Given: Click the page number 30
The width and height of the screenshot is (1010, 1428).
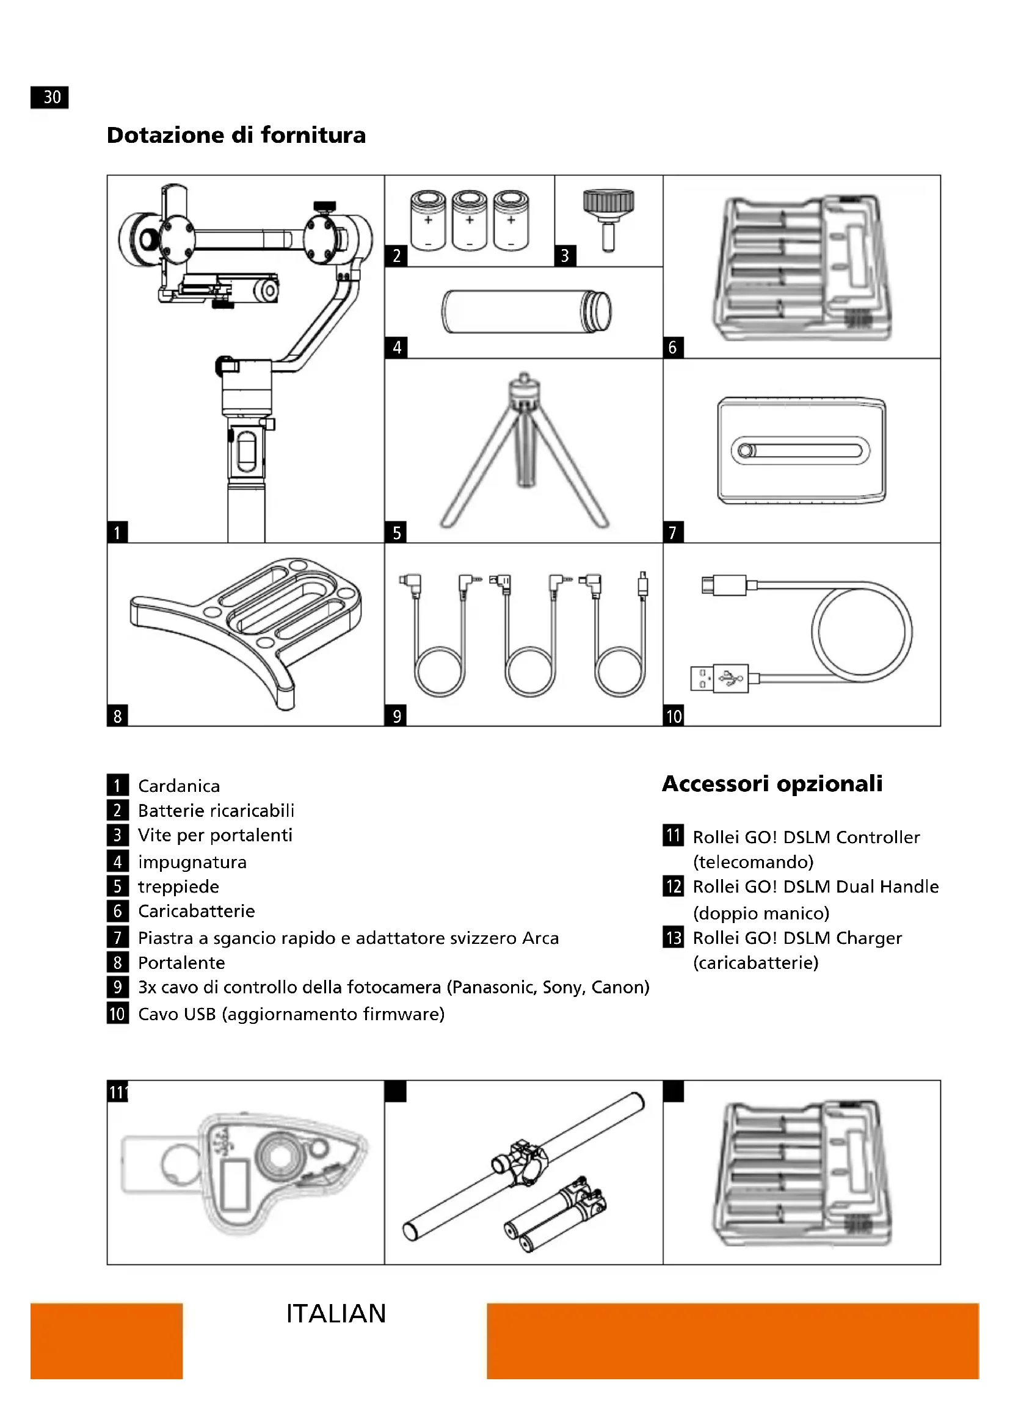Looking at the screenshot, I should pos(49,97).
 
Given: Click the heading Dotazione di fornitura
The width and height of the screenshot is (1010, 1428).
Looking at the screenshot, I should pos(236,135).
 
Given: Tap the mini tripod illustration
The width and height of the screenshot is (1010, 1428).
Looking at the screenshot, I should pos(524,452).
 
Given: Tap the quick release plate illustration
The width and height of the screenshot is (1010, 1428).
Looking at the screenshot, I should pos(801,451).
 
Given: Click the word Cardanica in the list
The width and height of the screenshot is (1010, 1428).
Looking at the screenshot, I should pos(178,786).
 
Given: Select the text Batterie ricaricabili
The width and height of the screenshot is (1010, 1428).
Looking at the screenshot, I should pos(216,811).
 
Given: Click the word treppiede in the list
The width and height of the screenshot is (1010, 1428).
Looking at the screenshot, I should pos(178,887).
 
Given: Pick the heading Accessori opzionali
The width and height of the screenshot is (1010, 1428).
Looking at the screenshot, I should pos(772,784).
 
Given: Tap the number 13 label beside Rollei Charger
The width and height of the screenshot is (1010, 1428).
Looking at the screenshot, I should pos(674,938).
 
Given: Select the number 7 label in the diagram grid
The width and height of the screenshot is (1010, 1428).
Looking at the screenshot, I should pos(673,533).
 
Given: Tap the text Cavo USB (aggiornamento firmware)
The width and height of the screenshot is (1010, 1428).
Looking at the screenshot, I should pos(291,1015).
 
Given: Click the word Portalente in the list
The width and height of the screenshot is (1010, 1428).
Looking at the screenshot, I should pos(181,963).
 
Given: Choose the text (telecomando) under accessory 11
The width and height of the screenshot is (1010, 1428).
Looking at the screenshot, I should pos(753,862).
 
